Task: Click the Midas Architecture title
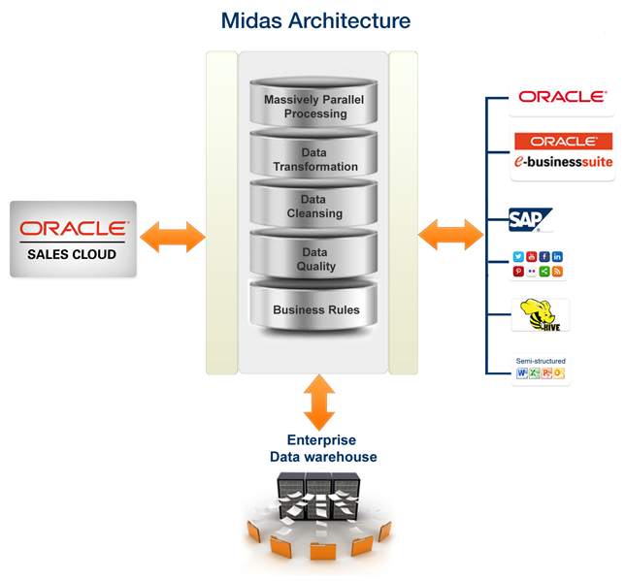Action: [315, 19]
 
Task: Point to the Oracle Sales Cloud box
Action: [74, 239]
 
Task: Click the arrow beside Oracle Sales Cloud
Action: [172, 237]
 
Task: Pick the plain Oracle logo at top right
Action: [562, 97]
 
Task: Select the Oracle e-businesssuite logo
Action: [563, 153]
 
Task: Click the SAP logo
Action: [530, 220]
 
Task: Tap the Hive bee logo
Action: [540, 315]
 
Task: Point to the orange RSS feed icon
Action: [558, 272]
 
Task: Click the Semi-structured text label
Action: [541, 361]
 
